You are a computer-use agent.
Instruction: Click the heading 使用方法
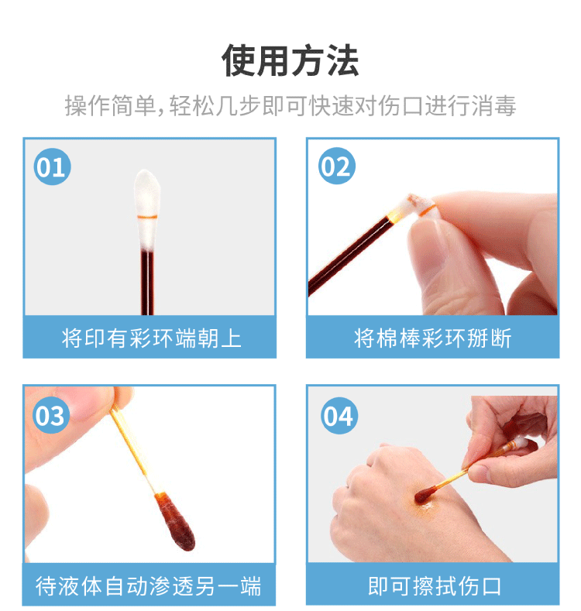[x=290, y=60]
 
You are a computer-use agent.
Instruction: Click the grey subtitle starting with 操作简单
[x=290, y=106]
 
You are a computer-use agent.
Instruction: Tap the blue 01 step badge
[x=52, y=168]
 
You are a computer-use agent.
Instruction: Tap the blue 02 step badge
[x=337, y=168]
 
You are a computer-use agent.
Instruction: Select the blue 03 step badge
[x=51, y=417]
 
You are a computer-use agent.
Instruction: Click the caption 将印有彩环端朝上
[x=150, y=338]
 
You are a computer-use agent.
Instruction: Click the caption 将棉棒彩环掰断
[x=432, y=338]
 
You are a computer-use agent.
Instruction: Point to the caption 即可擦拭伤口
[x=432, y=585]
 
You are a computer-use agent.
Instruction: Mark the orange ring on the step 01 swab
[x=147, y=215]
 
